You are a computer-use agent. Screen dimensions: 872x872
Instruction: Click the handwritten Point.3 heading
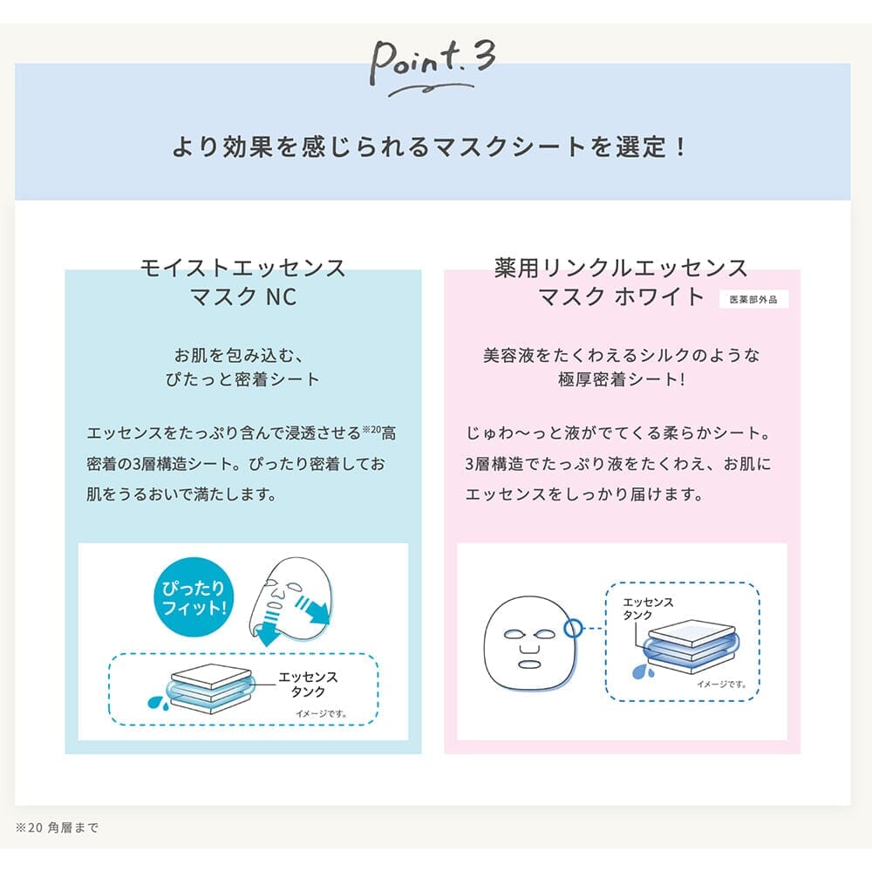[x=433, y=68]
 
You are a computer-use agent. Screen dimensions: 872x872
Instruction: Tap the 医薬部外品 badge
[x=753, y=300]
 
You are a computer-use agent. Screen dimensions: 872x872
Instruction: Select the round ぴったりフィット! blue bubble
[x=193, y=597]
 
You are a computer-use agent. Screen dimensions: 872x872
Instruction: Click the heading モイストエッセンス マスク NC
[x=243, y=282]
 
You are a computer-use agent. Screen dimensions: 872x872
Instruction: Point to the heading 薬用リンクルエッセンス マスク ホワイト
[x=621, y=282]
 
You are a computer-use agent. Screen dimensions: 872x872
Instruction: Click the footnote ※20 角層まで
[x=57, y=828]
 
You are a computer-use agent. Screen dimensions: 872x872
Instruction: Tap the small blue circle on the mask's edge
[x=573, y=628]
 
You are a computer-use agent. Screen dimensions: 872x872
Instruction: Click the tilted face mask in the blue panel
[x=291, y=601]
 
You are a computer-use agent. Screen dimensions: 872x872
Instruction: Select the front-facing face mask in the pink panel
[x=530, y=643]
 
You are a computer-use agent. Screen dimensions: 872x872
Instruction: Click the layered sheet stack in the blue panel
[x=211, y=689]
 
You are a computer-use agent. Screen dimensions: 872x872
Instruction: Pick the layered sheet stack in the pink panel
[x=691, y=645]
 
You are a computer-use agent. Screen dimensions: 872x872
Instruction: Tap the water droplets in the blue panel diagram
[x=156, y=702]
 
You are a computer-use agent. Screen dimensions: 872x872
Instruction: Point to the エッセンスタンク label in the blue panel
[x=308, y=684]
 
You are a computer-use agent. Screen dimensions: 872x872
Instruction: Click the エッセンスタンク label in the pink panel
[x=648, y=609]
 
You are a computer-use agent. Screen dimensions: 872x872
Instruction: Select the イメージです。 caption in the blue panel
[x=321, y=713]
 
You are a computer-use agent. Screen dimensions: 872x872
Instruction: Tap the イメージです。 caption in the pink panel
[x=721, y=684]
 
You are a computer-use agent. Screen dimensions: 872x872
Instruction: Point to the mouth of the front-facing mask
[x=529, y=664]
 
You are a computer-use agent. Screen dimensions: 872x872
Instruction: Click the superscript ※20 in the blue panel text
[x=371, y=429]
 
